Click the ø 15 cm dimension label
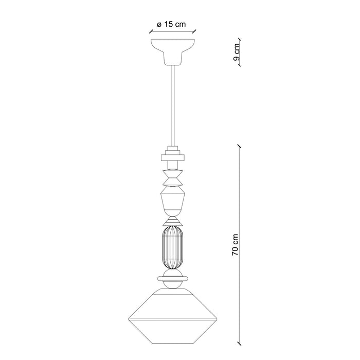pyautogui.click(x=171, y=24)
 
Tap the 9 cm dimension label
pyautogui.click(x=236, y=52)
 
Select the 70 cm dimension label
pyautogui.click(x=235, y=245)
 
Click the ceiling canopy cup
pyautogui.click(x=173, y=52)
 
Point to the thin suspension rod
pyautogui.click(x=173, y=105)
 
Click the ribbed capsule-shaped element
pyautogui.click(x=173, y=247)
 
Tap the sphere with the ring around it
pyautogui.click(x=173, y=279)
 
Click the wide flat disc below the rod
pyautogui.click(x=173, y=157)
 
